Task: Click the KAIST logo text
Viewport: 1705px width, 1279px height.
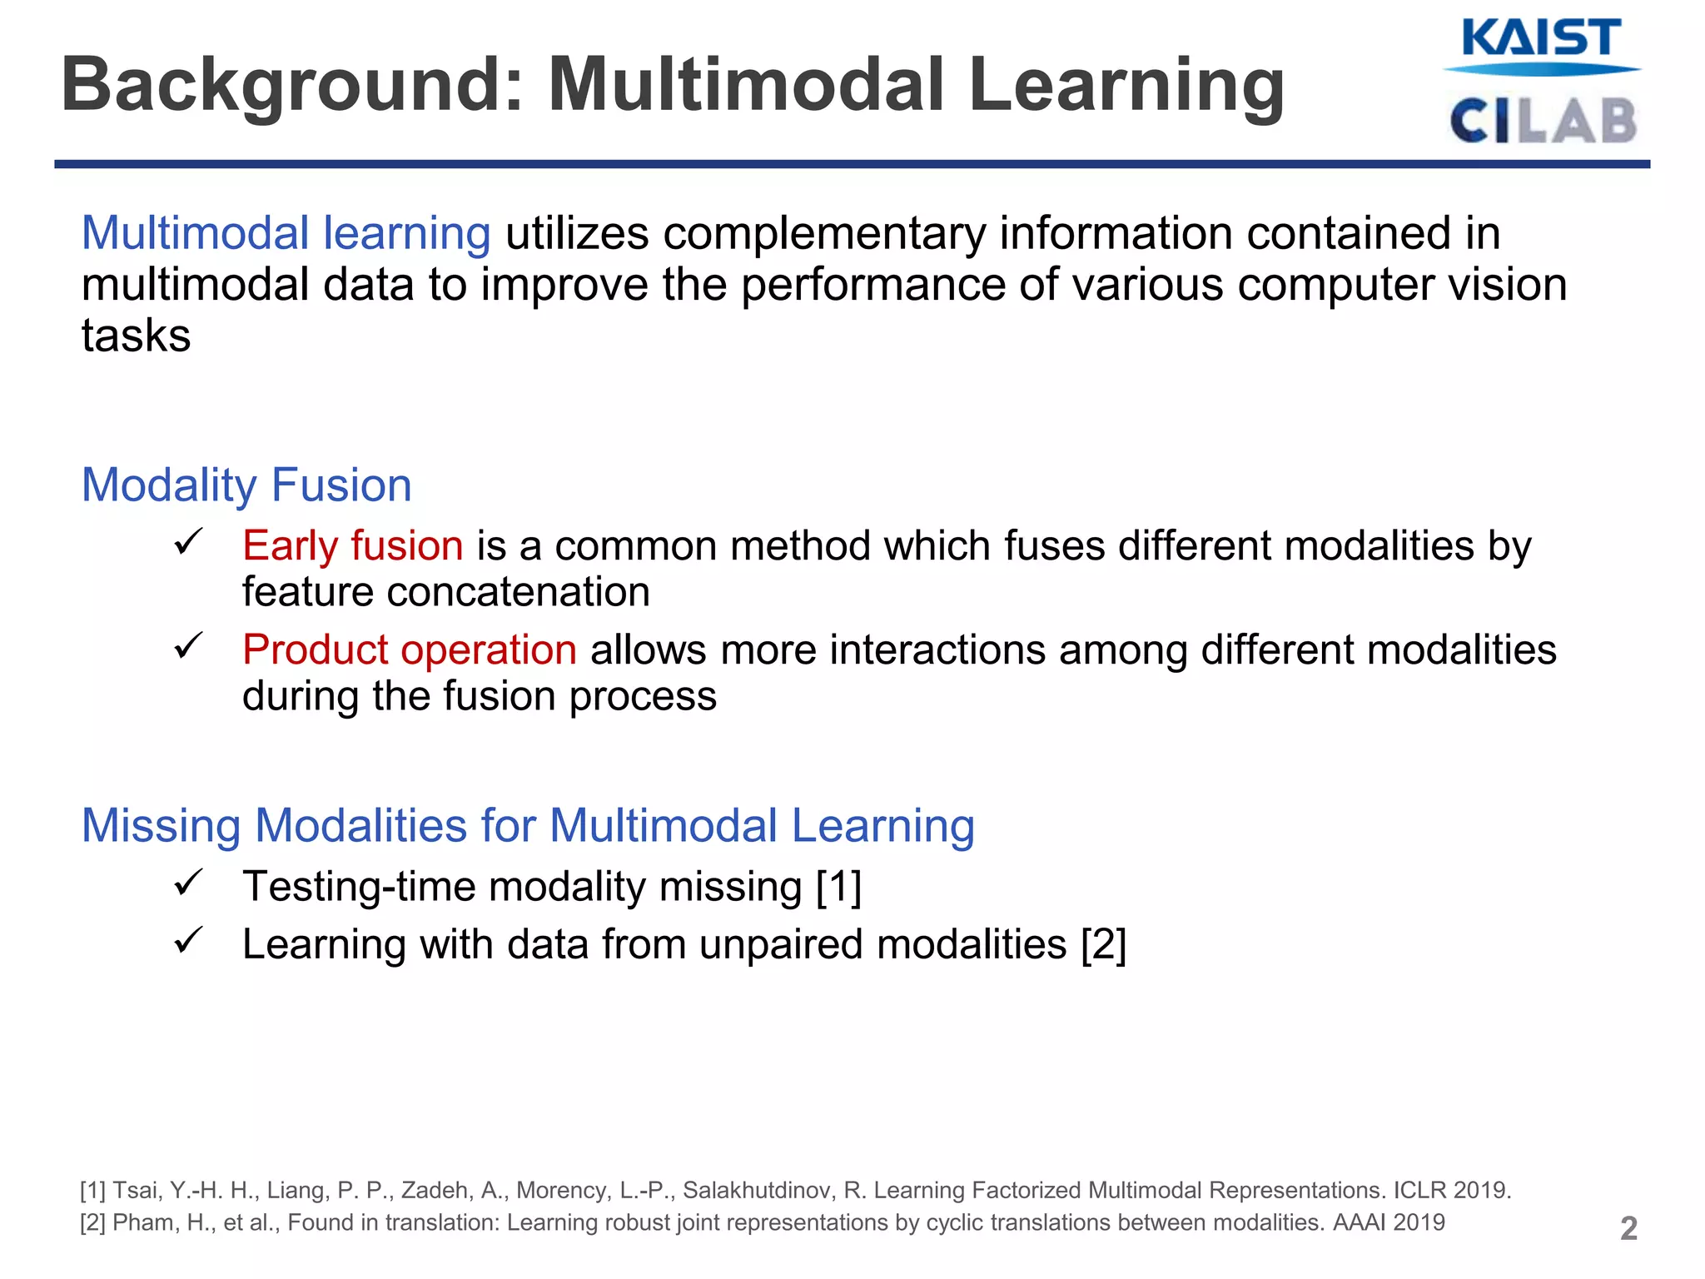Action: point(1540,38)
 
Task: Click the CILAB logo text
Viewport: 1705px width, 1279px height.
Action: point(1543,121)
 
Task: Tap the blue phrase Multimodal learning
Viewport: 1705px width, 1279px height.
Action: point(286,233)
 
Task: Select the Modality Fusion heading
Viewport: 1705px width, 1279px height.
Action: point(246,485)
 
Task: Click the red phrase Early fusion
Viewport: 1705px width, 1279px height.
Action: point(352,546)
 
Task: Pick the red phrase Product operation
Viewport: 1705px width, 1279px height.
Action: point(409,649)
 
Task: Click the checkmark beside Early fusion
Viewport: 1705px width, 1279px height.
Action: point(188,543)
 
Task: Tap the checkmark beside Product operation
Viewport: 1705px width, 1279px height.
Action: point(188,646)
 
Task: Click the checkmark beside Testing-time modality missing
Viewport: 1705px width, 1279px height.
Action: point(188,883)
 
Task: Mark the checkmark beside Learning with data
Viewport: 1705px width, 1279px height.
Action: point(188,941)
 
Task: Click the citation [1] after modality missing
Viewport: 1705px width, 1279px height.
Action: point(838,886)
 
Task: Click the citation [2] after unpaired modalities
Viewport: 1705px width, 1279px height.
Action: point(1103,944)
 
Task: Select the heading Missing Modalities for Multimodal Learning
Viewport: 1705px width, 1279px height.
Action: point(528,826)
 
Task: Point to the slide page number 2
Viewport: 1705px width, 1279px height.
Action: point(1628,1228)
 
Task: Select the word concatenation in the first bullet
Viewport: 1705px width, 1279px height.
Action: point(518,592)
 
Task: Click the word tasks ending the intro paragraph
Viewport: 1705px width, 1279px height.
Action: point(136,336)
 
